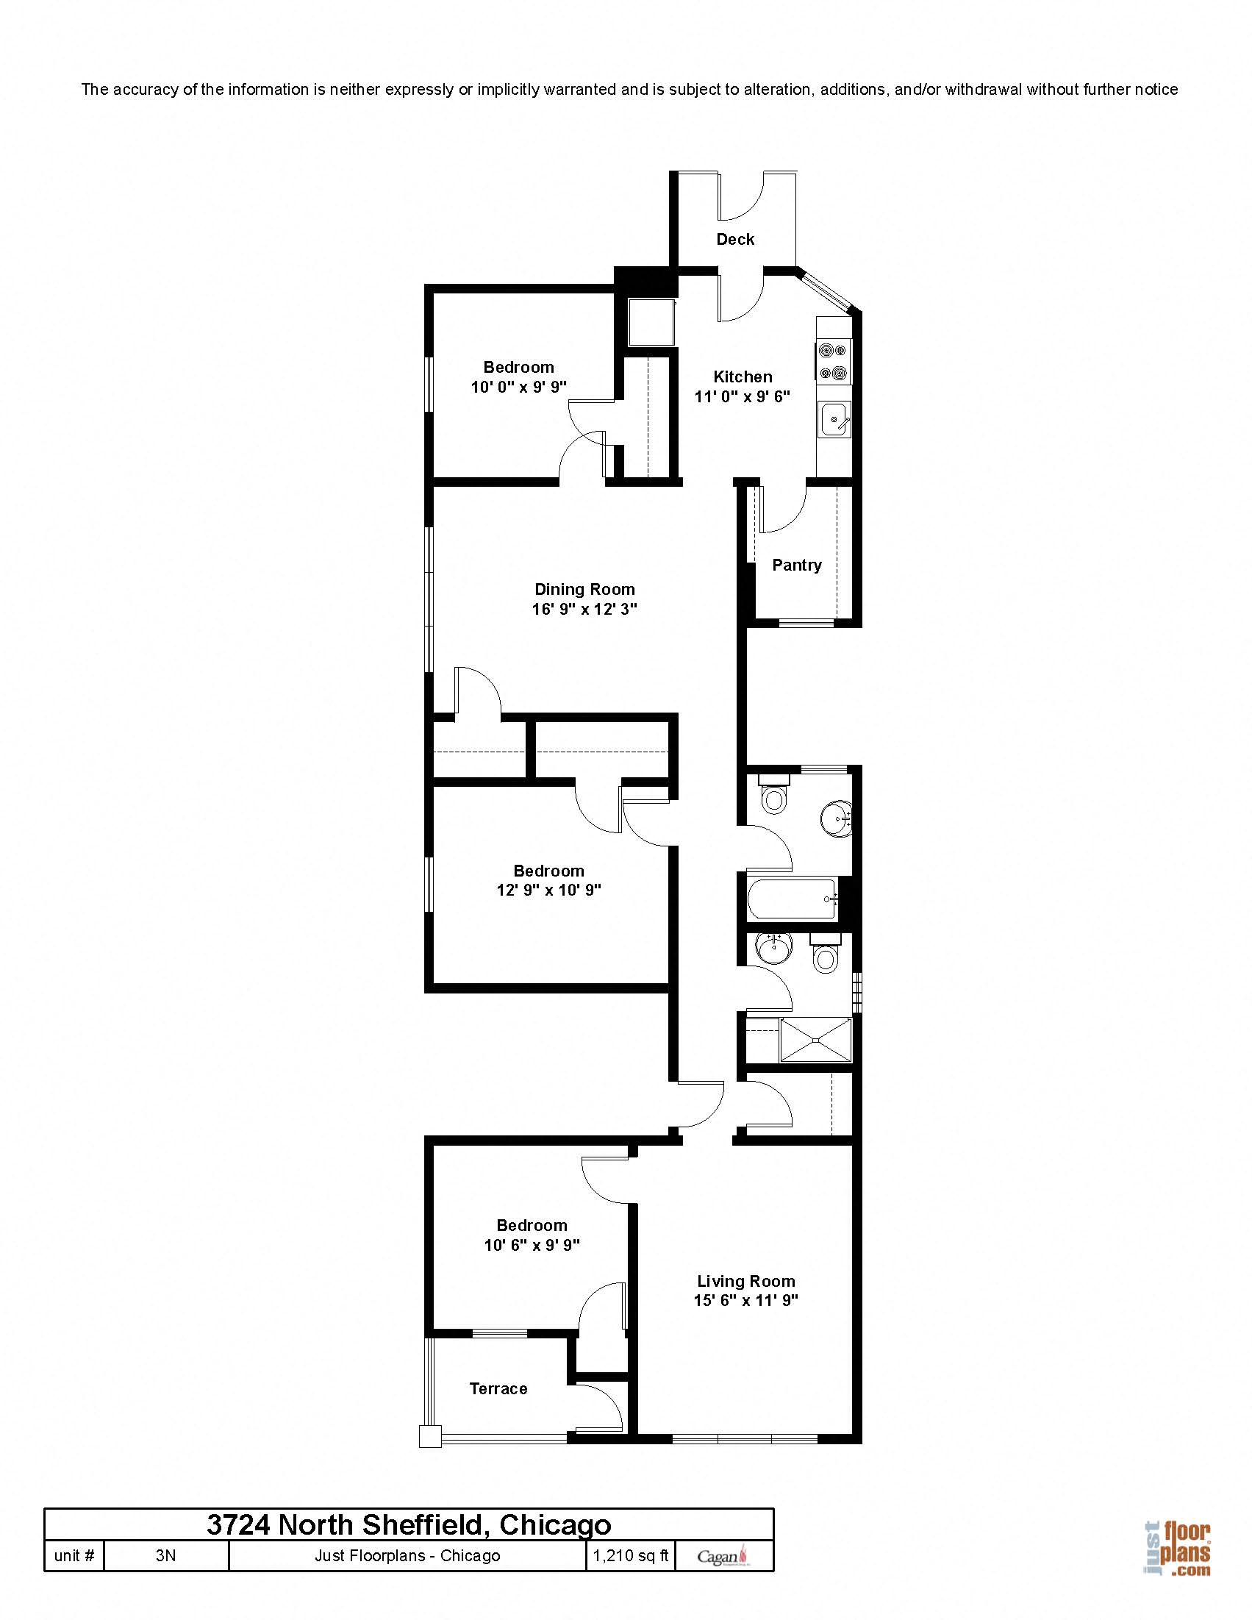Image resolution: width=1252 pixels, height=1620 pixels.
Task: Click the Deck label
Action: (735, 240)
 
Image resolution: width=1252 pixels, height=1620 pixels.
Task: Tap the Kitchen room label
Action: (743, 377)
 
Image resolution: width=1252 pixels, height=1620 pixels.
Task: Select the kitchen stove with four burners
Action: (834, 361)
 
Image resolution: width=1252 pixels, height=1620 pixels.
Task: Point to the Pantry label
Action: (797, 565)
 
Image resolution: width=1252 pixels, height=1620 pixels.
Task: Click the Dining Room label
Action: (584, 590)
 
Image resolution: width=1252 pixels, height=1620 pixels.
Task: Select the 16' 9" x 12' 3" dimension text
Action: (584, 610)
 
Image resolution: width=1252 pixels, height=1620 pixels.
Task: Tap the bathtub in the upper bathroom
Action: (793, 899)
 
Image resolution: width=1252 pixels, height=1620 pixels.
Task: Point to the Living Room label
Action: (745, 1281)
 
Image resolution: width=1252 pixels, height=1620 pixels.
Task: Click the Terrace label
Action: (498, 1388)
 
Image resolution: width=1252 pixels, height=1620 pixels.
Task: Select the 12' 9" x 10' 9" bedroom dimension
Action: (549, 890)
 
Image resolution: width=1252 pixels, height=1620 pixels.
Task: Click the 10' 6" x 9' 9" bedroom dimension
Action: (532, 1246)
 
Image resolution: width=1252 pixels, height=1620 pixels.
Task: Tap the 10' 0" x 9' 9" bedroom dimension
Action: (518, 388)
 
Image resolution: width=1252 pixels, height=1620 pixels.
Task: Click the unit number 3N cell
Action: (165, 1555)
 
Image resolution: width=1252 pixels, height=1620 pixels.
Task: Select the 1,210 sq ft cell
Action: (631, 1555)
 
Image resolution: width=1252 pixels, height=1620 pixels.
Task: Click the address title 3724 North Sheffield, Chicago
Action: (409, 1525)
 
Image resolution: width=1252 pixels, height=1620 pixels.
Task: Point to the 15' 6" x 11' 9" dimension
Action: (745, 1300)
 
